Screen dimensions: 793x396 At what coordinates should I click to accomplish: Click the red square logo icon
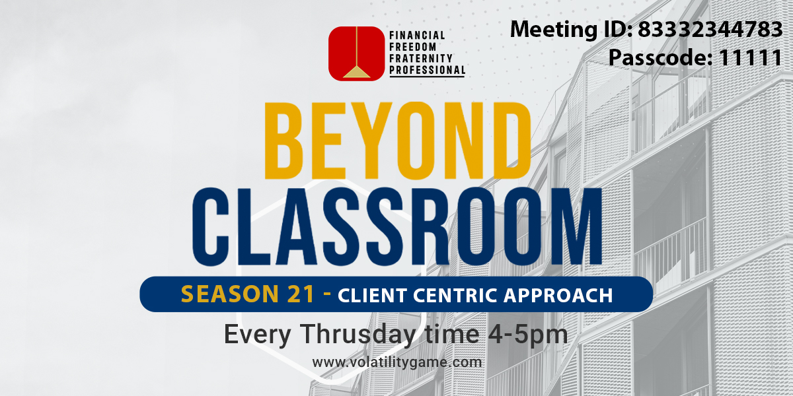356,53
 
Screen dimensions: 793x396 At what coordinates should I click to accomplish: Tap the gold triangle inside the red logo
356,72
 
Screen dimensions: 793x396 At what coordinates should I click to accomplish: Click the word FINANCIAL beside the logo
417,36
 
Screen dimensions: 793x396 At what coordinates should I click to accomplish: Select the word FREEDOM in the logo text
413,47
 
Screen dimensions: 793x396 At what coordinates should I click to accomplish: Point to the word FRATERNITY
420,58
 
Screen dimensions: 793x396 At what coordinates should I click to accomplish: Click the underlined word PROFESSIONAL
428,70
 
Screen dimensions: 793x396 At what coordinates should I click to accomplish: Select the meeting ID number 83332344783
710,29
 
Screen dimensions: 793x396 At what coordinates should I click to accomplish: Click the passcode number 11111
751,57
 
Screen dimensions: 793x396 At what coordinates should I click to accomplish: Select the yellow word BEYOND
398,141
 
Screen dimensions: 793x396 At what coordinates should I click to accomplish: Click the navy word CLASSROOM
397,226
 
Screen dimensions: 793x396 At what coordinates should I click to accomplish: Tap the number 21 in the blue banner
301,294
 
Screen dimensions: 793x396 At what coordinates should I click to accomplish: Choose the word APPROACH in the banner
558,296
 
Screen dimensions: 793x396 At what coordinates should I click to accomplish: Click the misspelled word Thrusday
359,334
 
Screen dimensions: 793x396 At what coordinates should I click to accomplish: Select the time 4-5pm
528,335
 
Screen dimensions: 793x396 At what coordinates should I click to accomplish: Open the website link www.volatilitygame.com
397,362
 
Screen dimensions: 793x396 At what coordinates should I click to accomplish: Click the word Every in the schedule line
257,335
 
